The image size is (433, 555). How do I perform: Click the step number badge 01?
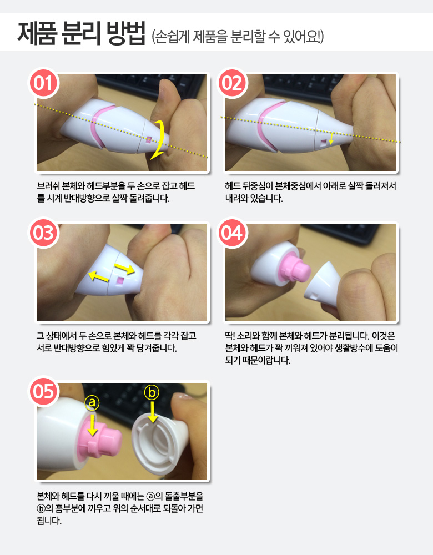[x=43, y=83]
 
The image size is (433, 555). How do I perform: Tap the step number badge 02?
[x=232, y=83]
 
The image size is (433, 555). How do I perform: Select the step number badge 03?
[x=43, y=233]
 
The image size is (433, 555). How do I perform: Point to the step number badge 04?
[x=232, y=233]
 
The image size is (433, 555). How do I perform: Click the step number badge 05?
[x=43, y=391]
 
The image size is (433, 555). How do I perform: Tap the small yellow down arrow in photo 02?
[x=331, y=138]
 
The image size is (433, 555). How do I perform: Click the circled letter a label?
[x=92, y=402]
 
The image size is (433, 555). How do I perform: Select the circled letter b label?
[x=152, y=392]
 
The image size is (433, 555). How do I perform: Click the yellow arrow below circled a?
[x=92, y=424]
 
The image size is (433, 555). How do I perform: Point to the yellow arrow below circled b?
[x=153, y=412]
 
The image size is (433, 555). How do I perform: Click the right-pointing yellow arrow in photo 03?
[x=124, y=268]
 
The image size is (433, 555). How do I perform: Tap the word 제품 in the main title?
[x=37, y=33]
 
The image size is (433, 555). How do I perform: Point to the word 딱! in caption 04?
[x=230, y=336]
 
